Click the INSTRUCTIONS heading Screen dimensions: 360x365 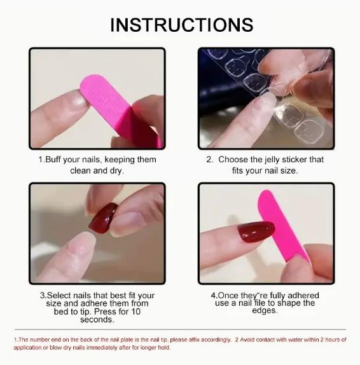coord(182,25)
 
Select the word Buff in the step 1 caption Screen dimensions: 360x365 coord(53,160)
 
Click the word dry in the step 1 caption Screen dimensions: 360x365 coord(116,171)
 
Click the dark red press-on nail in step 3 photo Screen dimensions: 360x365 coord(103,218)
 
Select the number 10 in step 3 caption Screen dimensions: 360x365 coord(135,312)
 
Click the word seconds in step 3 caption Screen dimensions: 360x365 coord(97,320)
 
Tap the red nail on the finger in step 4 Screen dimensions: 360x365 coord(256,231)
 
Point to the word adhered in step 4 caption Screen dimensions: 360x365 coord(303,296)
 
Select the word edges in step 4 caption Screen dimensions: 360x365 coord(265,311)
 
